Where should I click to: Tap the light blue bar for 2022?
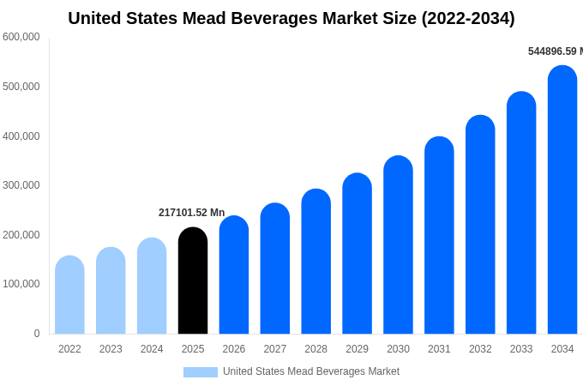pyautogui.click(x=69, y=295)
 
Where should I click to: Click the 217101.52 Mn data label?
pyautogui.click(x=191, y=213)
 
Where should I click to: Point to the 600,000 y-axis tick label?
pyautogui.click(x=21, y=37)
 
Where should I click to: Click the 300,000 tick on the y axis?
pyautogui.click(x=21, y=185)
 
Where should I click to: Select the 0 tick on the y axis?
pyautogui.click(x=36, y=334)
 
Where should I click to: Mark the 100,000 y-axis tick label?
pyautogui.click(x=21, y=284)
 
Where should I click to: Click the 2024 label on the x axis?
pyautogui.click(x=152, y=349)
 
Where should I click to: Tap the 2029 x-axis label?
pyautogui.click(x=357, y=349)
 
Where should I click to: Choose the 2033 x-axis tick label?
pyautogui.click(x=521, y=349)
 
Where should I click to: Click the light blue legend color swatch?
pyautogui.click(x=200, y=372)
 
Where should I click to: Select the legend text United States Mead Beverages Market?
pyautogui.click(x=311, y=371)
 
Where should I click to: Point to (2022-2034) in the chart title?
pyautogui.click(x=468, y=18)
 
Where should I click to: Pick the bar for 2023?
pyautogui.click(x=111, y=291)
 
